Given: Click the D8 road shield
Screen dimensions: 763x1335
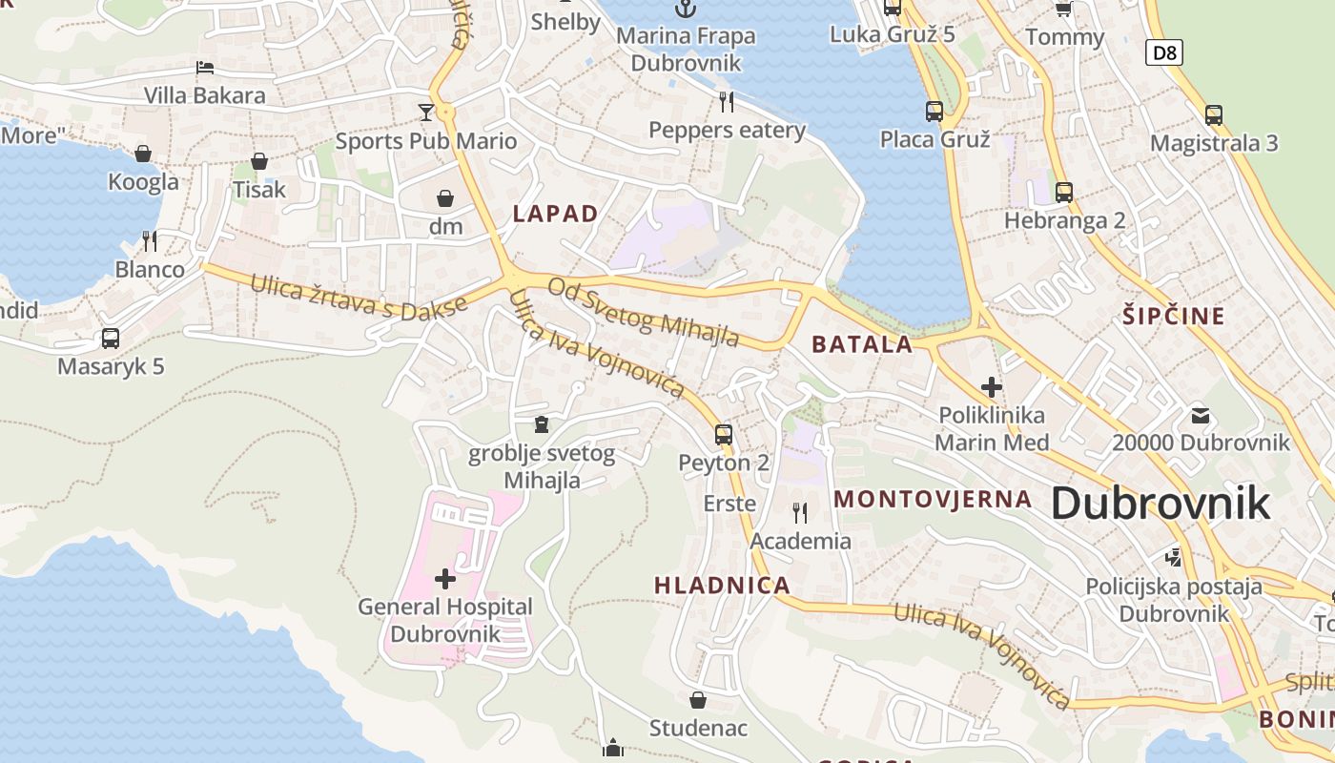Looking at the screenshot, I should pyautogui.click(x=1164, y=52).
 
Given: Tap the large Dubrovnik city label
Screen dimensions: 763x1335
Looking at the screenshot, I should pyautogui.click(x=1160, y=504).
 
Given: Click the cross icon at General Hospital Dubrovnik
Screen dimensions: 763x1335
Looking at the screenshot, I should pyautogui.click(x=444, y=578).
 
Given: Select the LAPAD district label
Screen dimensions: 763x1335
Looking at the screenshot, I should pyautogui.click(x=555, y=214).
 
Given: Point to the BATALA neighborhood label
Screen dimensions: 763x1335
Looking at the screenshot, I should pyautogui.click(x=862, y=345).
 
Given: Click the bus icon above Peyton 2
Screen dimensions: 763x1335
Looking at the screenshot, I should pyautogui.click(x=724, y=435).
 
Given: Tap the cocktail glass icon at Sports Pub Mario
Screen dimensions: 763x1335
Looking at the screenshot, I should pyautogui.click(x=425, y=113).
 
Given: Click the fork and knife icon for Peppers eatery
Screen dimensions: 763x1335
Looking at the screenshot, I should pyautogui.click(x=727, y=102).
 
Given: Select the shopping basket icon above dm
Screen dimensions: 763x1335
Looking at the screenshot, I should pyautogui.click(x=445, y=198).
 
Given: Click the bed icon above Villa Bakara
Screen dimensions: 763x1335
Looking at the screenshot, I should pyautogui.click(x=205, y=68).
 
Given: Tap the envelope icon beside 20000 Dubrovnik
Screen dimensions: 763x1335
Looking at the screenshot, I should pyautogui.click(x=1200, y=416).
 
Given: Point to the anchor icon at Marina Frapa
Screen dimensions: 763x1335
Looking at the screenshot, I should pyautogui.click(x=685, y=10).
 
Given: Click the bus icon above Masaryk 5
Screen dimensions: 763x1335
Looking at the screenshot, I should pyautogui.click(x=111, y=338).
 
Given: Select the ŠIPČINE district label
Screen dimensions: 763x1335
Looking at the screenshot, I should pyautogui.click(x=1173, y=317).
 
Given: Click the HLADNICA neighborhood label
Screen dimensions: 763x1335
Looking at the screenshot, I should pyautogui.click(x=722, y=586).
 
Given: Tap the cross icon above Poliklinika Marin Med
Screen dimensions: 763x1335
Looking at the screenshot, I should pyautogui.click(x=992, y=387).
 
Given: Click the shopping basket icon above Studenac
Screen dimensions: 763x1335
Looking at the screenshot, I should pyautogui.click(x=698, y=700).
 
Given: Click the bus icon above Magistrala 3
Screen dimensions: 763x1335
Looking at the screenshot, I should pyautogui.click(x=1213, y=114).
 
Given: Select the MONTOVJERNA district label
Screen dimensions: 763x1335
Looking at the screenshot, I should pyautogui.click(x=933, y=499).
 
